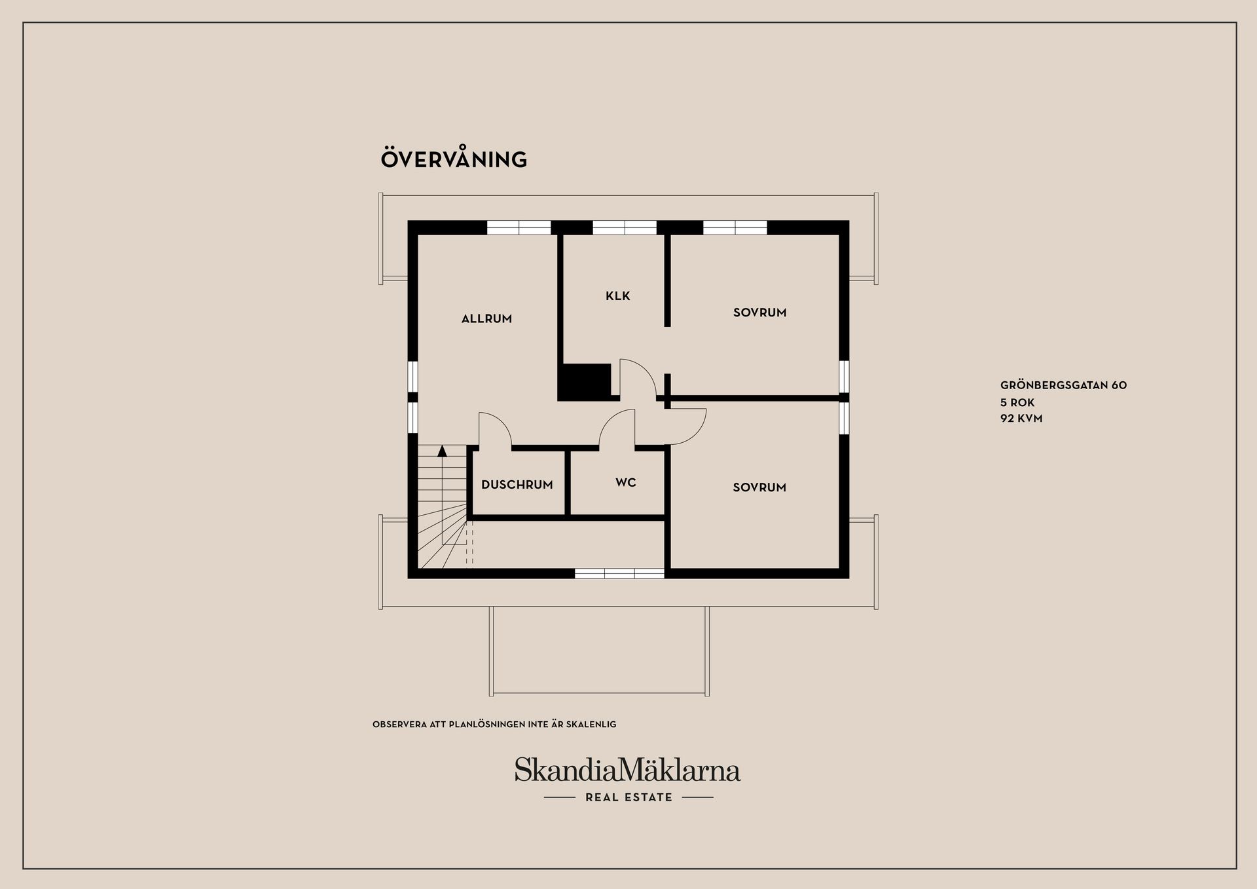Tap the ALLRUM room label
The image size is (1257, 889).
pyautogui.click(x=486, y=319)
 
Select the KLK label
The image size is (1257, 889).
pyautogui.click(x=617, y=296)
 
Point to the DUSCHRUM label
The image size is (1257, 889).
pyautogui.click(x=517, y=485)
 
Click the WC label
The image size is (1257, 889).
pyautogui.click(x=626, y=483)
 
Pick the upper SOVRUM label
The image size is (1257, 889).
pyautogui.click(x=759, y=312)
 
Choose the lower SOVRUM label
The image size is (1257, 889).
pyautogui.click(x=759, y=487)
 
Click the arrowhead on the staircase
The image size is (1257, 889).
pyautogui.click(x=442, y=451)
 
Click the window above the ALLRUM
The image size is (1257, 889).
pyautogui.click(x=519, y=227)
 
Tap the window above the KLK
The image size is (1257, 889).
pyautogui.click(x=625, y=227)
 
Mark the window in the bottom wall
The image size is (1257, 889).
pyautogui.click(x=619, y=573)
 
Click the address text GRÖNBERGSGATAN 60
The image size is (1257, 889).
pyautogui.click(x=1063, y=385)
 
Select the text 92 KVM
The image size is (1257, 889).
pyautogui.click(x=1021, y=418)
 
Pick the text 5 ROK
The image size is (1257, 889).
pyautogui.click(x=1017, y=402)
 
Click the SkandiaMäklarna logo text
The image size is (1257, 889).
pyautogui.click(x=627, y=770)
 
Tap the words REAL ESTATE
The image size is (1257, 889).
pyautogui.click(x=628, y=797)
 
